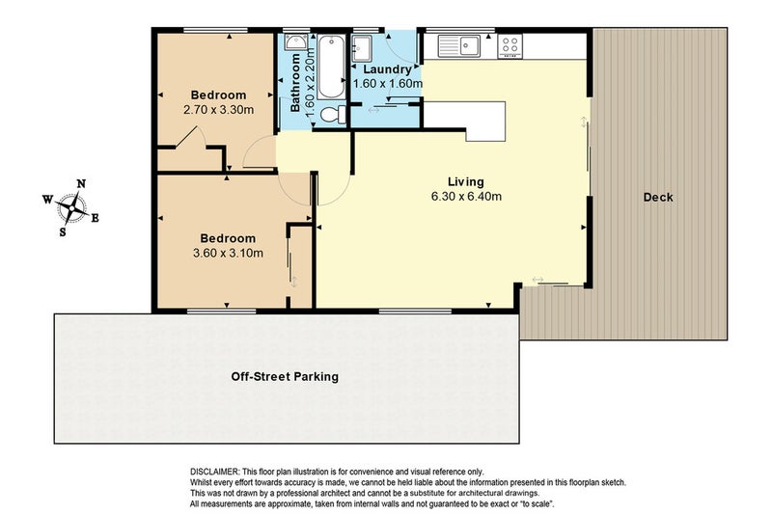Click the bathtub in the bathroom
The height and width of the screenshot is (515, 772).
tap(331, 68)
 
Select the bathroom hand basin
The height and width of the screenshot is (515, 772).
tap(296, 41)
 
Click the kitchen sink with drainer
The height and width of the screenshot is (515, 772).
tap(459, 46)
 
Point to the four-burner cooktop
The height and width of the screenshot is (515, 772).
tap(510, 46)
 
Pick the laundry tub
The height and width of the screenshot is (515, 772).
tap(364, 48)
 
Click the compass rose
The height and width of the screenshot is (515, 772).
tap(70, 208)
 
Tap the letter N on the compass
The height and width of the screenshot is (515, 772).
tap(81, 184)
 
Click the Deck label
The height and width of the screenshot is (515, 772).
tap(658, 198)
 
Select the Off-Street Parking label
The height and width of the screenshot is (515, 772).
tap(285, 377)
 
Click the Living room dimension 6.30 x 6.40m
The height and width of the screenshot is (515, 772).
tap(466, 197)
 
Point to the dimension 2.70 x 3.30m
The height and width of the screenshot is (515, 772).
tap(219, 110)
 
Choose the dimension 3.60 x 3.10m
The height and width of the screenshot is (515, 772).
tap(228, 254)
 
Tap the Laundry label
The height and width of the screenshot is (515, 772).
tap(387, 69)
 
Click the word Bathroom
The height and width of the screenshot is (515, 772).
tap(295, 83)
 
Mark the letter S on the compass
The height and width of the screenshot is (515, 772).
tap(63, 231)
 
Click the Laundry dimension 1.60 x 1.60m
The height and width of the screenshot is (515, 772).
tap(388, 84)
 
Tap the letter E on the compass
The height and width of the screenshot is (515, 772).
tap(95, 218)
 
